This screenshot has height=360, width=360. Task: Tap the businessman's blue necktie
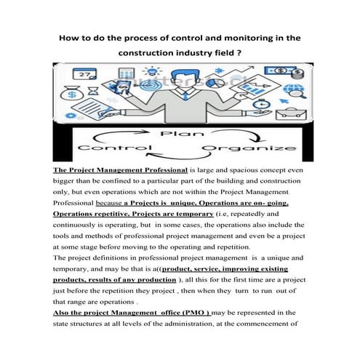click(179, 102)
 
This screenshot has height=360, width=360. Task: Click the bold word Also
click(63, 311)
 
